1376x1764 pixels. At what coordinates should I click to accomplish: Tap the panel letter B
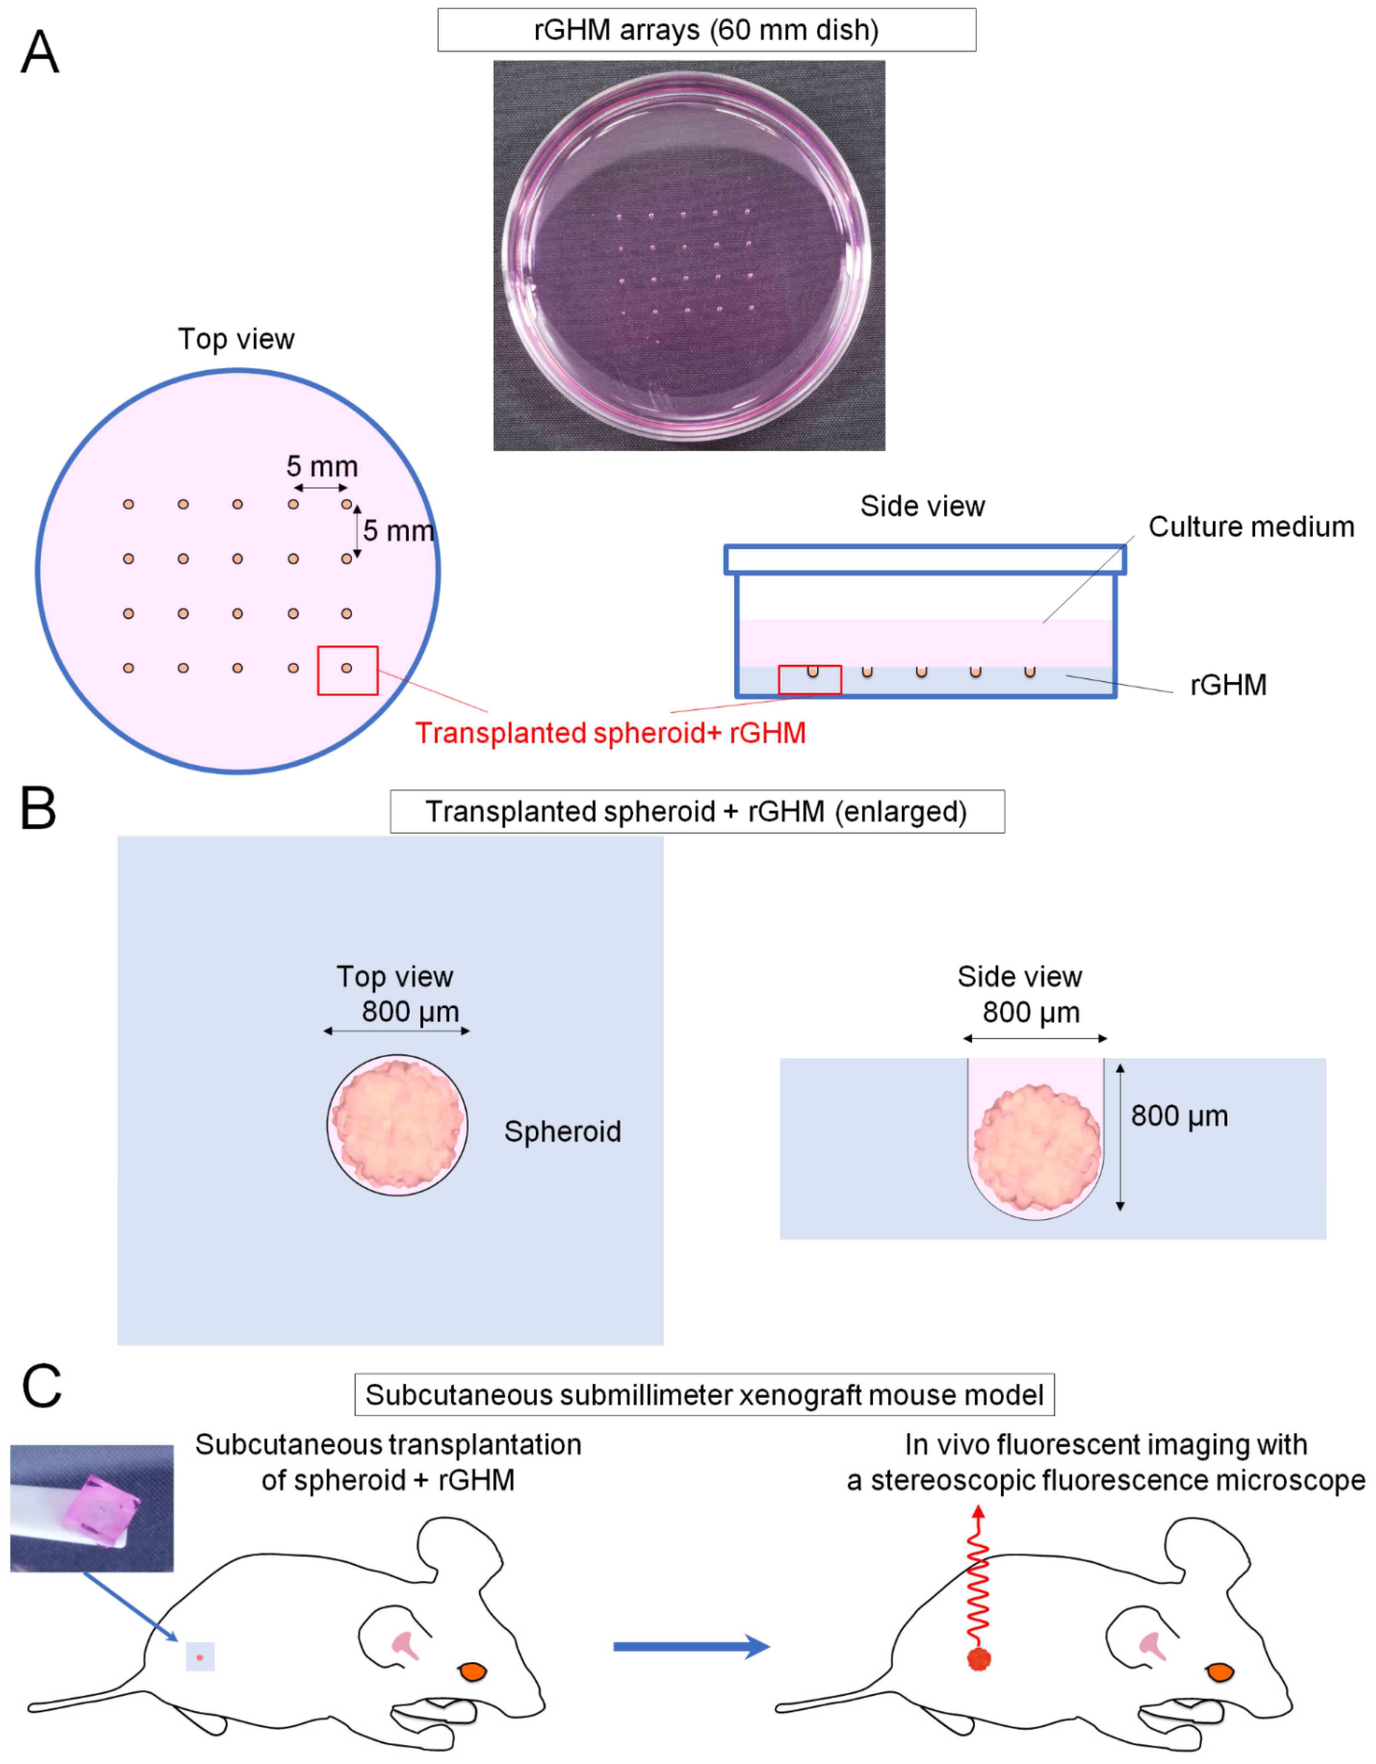pyautogui.click(x=38, y=809)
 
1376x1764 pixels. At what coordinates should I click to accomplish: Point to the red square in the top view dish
pyautogui.click(x=347, y=670)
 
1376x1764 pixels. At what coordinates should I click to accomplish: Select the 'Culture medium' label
pyautogui.click(x=1251, y=527)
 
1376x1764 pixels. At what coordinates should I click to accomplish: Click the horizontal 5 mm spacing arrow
pyautogui.click(x=320, y=488)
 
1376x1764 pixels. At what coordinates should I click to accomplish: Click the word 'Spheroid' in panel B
pyautogui.click(x=563, y=1132)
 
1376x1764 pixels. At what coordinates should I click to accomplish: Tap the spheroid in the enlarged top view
pyautogui.click(x=397, y=1124)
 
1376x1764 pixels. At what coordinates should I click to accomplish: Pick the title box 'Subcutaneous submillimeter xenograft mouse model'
pyautogui.click(x=704, y=1395)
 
